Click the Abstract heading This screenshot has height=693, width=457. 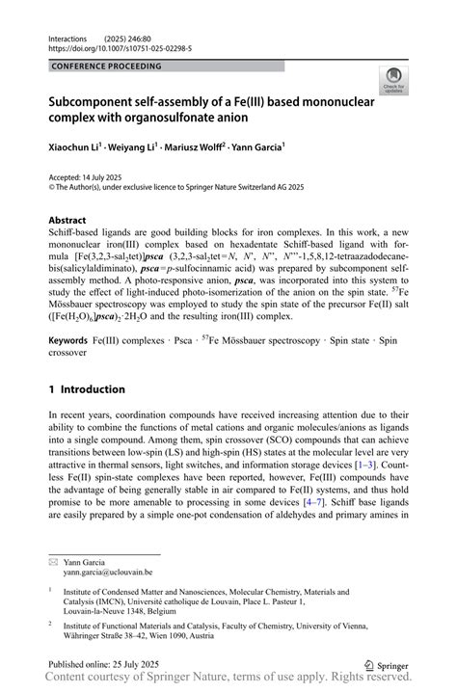pos(73,220)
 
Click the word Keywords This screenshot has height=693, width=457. pos(72,341)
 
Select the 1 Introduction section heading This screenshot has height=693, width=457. pos(87,389)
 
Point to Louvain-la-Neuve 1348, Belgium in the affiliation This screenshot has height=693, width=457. pos(136,611)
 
